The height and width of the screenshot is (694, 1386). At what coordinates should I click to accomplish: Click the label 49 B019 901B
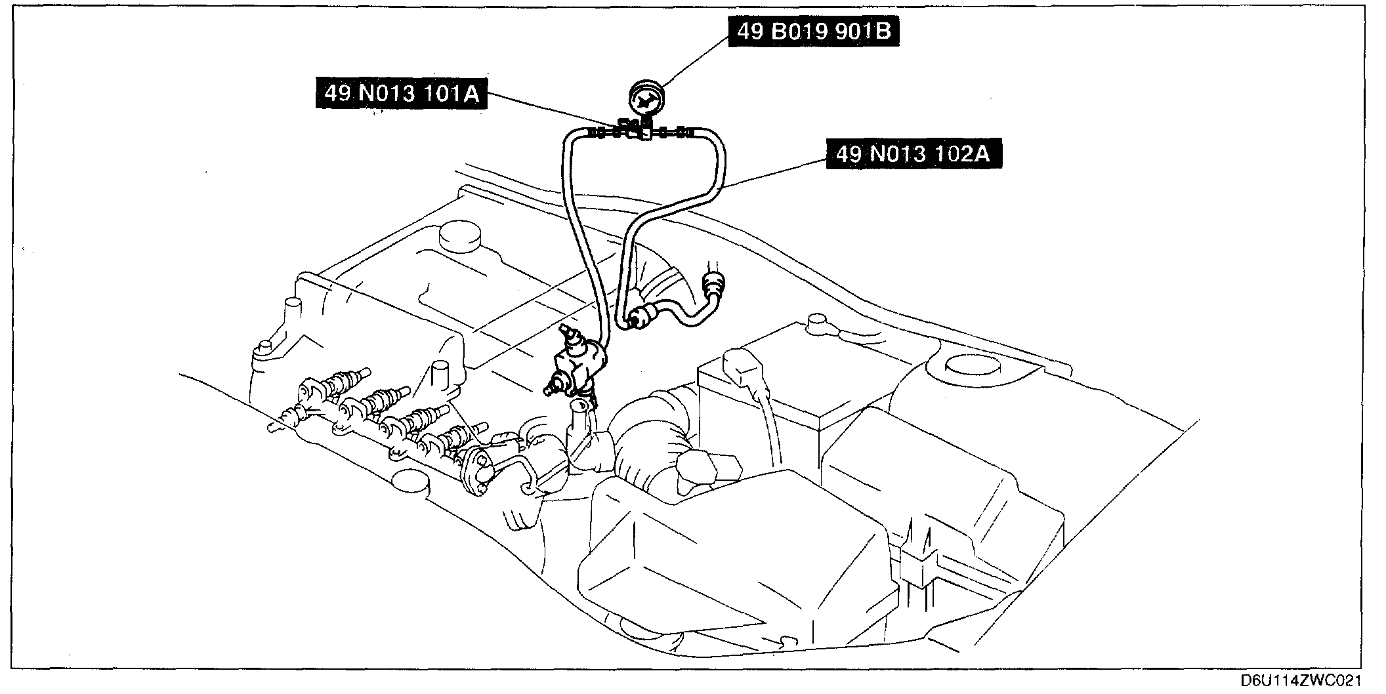point(814,31)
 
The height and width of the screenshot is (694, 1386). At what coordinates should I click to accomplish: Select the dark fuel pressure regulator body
point(577,365)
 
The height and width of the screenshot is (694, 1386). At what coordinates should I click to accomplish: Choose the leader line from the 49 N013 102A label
point(774,174)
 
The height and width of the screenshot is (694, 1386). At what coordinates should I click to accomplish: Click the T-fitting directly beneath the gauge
point(646,134)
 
